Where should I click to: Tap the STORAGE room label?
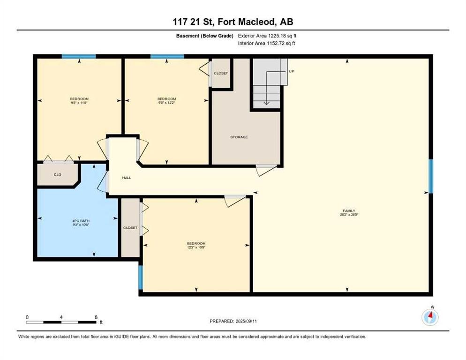point(239,137)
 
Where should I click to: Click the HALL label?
point(127,178)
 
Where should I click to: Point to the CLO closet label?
point(57,174)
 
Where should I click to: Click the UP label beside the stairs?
point(292,71)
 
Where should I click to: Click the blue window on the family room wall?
point(431,176)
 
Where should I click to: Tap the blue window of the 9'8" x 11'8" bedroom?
point(79,57)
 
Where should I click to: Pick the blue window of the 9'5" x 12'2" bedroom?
point(167,57)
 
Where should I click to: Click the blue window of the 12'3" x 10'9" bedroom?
point(140,277)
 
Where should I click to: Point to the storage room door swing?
point(265,170)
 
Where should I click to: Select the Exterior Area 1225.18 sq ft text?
point(267,36)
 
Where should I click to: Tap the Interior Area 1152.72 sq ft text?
point(267,43)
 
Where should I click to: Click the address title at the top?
point(233,22)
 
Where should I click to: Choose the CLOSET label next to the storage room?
point(221,74)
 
